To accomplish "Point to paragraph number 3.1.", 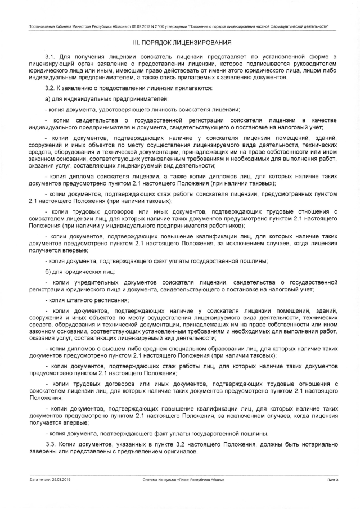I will (x=51, y=57).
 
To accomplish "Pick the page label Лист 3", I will (x=332, y=479).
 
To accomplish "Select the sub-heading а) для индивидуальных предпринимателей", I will (x=93, y=99).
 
